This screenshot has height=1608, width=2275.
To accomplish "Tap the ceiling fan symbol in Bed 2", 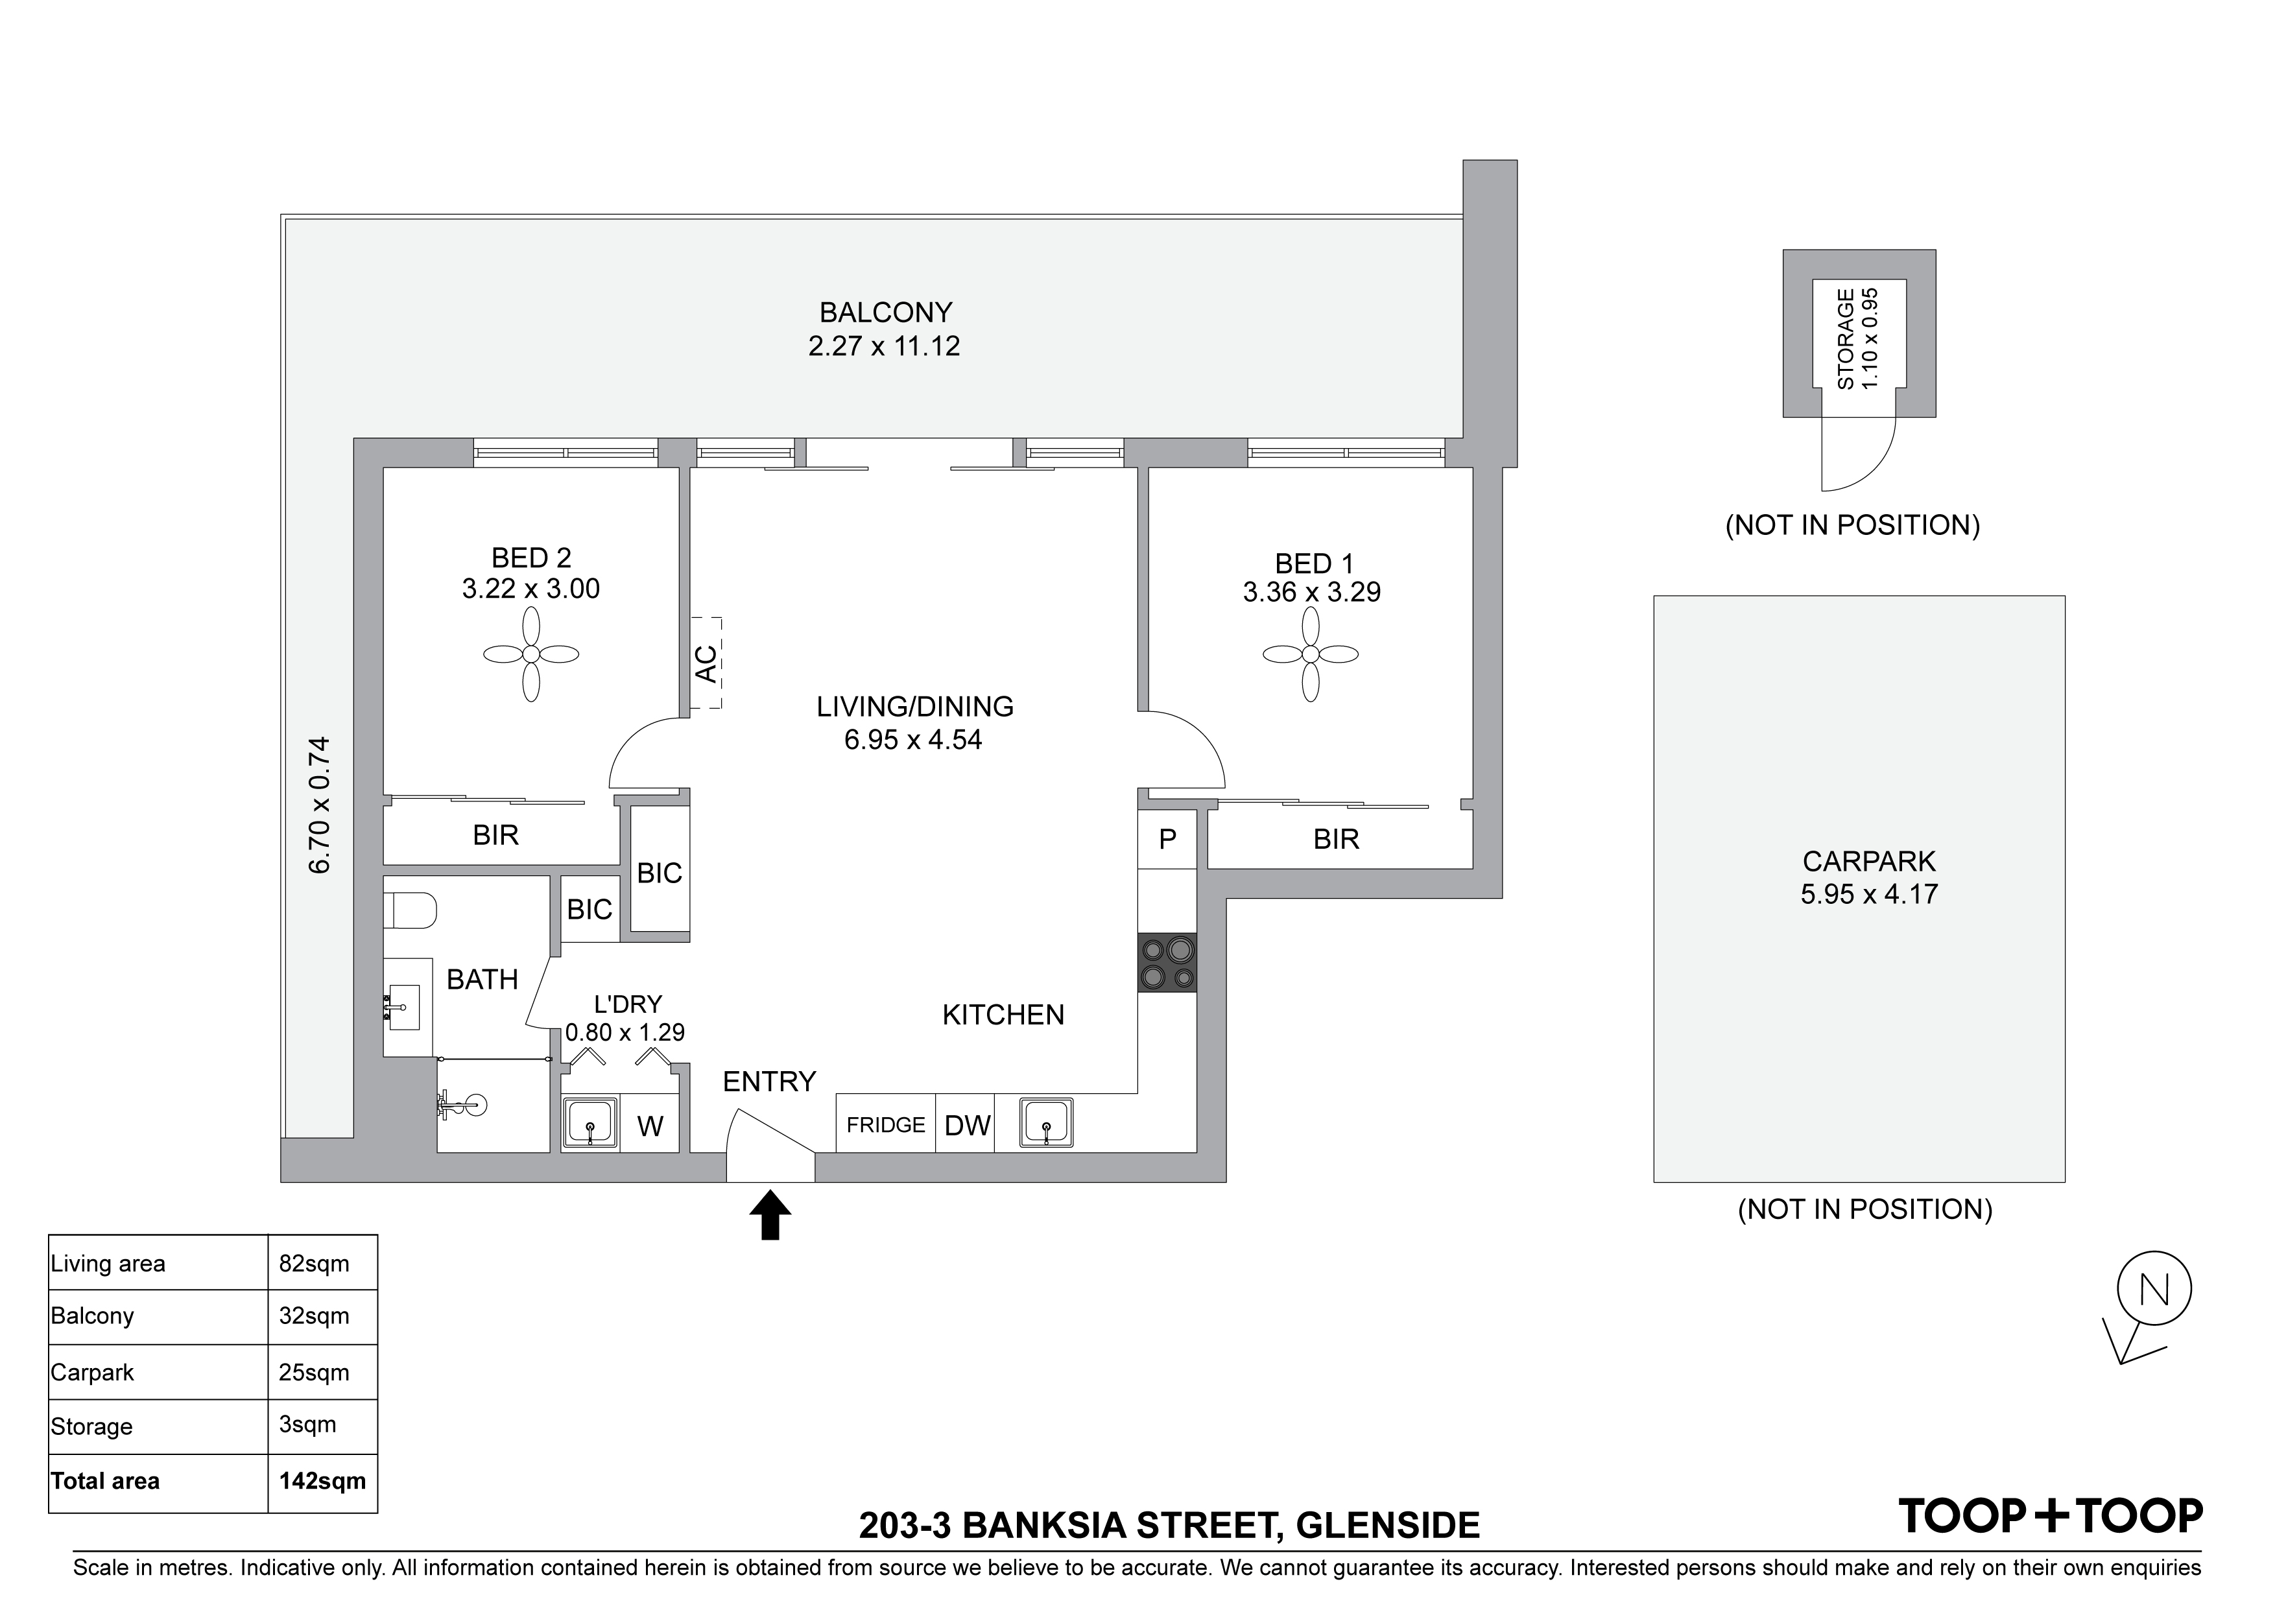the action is click(x=531, y=654).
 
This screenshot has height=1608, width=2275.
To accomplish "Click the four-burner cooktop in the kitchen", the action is click(x=1167, y=962).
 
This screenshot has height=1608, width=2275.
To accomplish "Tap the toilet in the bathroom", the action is click(x=411, y=910).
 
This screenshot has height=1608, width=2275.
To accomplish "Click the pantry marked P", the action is click(x=1167, y=839).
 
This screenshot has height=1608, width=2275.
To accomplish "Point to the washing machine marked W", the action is click(x=650, y=1124).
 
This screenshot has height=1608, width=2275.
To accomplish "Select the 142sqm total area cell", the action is click(x=323, y=1481).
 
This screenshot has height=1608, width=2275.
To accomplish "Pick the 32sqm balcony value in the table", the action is click(x=314, y=1316).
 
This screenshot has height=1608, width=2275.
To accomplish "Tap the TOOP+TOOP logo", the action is click(x=2050, y=1516).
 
